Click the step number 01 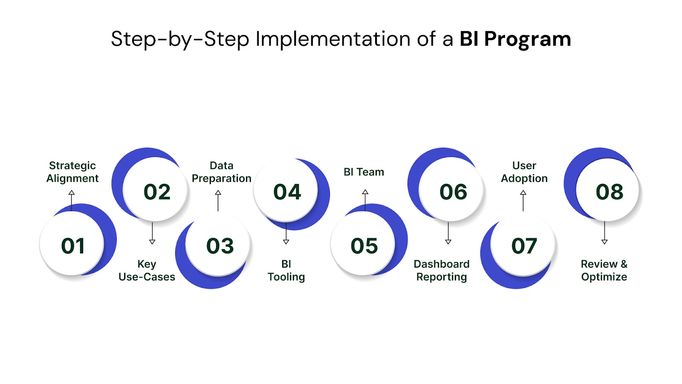point(73,246)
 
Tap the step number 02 point(157,192)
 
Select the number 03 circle point(218,246)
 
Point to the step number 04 point(287,192)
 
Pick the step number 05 point(364,246)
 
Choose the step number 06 point(454,192)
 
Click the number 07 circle point(523,246)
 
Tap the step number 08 point(610,192)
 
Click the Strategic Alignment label point(72,172)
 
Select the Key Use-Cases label point(147,271)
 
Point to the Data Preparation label point(222,172)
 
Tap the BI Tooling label point(286,271)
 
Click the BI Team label point(364,172)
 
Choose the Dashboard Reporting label point(442,271)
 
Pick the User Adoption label point(524,172)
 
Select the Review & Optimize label point(604,271)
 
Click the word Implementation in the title point(333,39)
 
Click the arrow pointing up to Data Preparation point(218,201)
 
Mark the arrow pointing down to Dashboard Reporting point(448,233)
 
